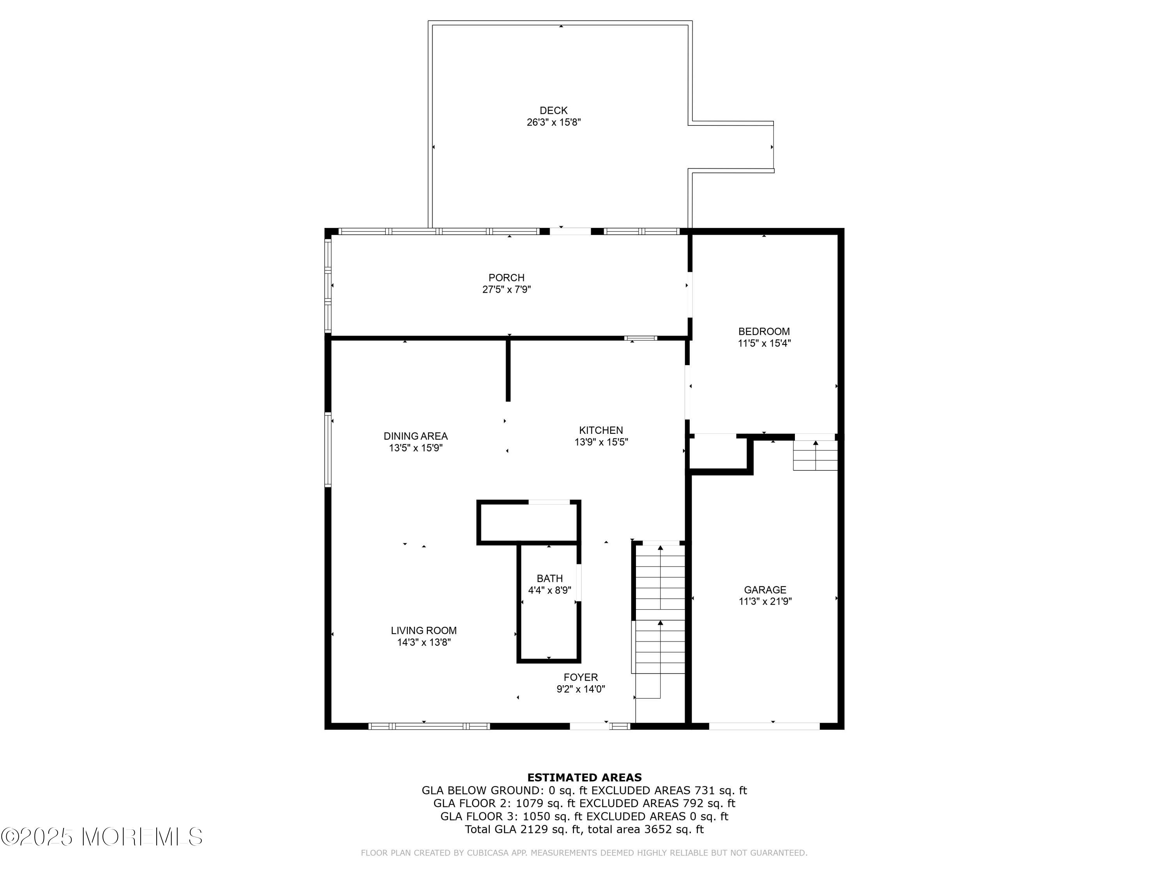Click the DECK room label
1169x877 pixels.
coord(553,110)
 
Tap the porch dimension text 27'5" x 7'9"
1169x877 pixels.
coord(506,290)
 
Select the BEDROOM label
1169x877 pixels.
coord(764,331)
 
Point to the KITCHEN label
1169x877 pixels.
coord(601,430)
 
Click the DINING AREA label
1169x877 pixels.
coord(415,436)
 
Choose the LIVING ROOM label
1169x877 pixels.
coord(423,631)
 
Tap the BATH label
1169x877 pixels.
coord(549,579)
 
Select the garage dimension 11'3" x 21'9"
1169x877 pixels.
coord(765,601)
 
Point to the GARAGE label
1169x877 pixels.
coord(765,590)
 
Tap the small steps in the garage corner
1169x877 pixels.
coord(815,455)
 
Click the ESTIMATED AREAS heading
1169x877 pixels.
coord(584,778)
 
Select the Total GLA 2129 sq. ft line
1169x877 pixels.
coord(584,829)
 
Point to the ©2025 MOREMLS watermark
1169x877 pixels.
coord(101,837)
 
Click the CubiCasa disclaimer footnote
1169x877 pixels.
coord(584,853)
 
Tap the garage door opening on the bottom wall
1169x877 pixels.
coord(764,726)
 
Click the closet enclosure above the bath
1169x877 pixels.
coord(528,522)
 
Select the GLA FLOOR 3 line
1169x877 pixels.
coord(584,816)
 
